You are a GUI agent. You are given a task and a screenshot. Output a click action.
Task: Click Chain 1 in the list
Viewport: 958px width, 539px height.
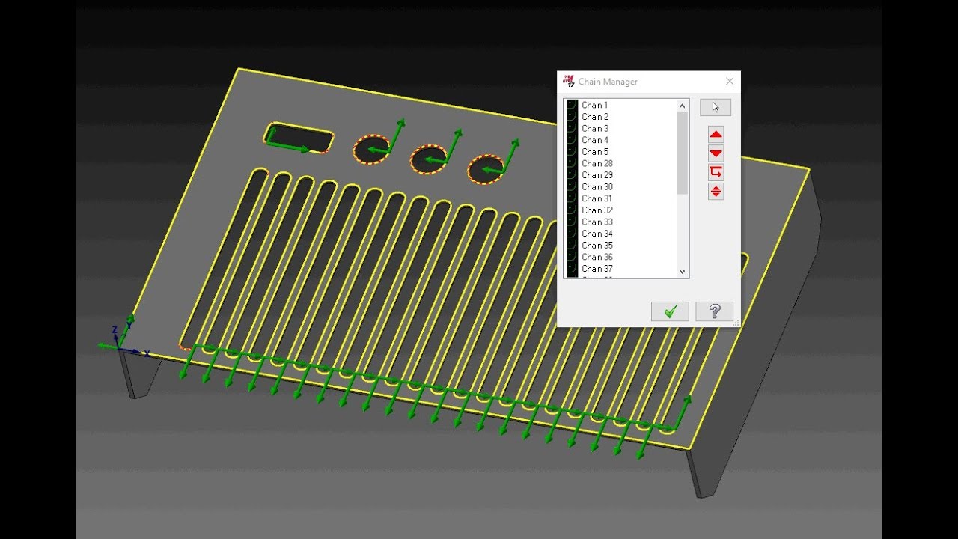click(x=594, y=106)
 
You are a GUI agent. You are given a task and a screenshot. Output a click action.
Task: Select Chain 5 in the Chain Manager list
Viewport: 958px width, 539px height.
click(x=595, y=152)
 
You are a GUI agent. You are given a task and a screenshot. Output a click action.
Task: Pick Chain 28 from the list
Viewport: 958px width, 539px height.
click(x=597, y=163)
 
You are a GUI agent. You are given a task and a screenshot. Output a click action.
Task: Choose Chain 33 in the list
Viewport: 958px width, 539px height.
click(x=597, y=222)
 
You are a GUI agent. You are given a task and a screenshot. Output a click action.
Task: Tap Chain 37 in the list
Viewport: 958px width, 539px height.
click(x=597, y=269)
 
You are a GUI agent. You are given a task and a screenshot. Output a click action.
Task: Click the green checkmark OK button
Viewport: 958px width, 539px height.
click(x=670, y=311)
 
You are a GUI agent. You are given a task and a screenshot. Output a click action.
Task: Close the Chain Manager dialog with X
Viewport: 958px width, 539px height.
click(x=730, y=82)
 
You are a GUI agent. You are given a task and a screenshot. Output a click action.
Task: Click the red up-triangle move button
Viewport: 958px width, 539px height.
click(x=716, y=135)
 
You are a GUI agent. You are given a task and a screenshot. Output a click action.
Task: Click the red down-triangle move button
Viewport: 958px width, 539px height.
click(x=716, y=153)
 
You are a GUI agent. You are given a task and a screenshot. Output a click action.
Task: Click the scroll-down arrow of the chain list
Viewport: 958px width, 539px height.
click(x=682, y=271)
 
